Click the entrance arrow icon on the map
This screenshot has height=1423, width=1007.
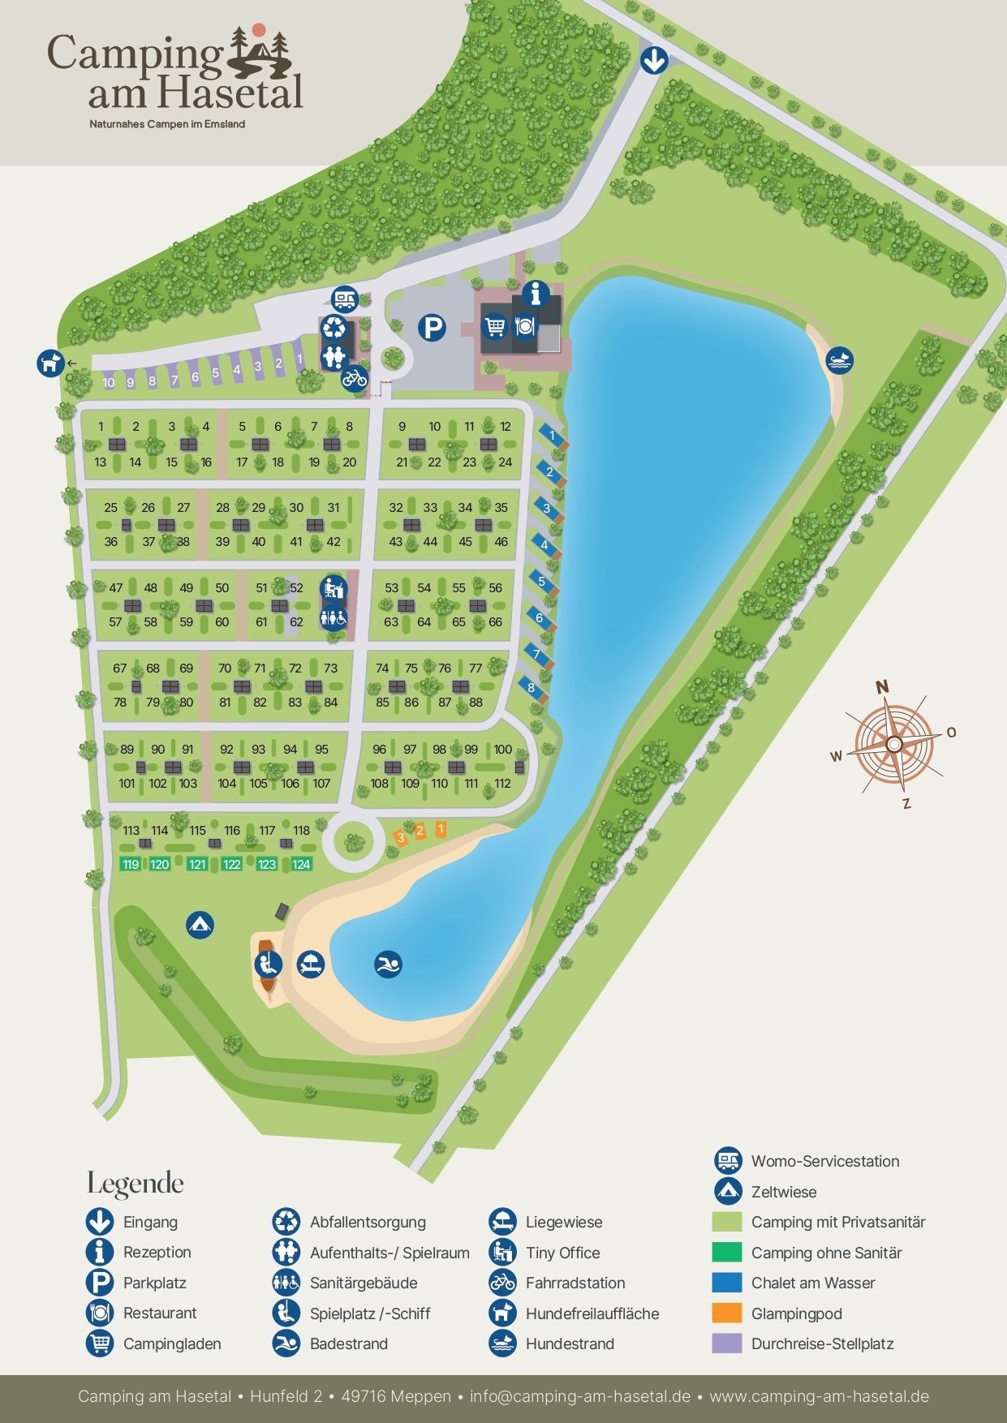[x=654, y=60]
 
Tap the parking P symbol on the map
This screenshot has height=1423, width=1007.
[x=432, y=328]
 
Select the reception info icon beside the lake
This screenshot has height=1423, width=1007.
[x=536, y=294]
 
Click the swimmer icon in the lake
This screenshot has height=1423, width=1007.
[x=388, y=965]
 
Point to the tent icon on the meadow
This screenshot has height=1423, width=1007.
[x=200, y=924]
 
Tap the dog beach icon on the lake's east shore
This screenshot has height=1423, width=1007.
[x=840, y=360]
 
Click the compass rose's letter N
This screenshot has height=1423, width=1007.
[x=882, y=687]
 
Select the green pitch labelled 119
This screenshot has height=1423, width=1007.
[x=131, y=865]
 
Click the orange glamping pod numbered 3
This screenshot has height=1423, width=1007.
[x=400, y=836]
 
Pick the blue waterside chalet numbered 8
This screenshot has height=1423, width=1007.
[x=531, y=688]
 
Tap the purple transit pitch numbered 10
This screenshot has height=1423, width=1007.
[x=109, y=382]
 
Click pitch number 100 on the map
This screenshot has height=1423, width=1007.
[x=503, y=750]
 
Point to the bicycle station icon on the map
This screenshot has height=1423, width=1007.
[x=355, y=377]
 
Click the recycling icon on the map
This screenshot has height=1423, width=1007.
[x=334, y=328]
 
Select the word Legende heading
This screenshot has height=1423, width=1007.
[x=136, y=1184]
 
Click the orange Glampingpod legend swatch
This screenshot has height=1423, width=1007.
[x=726, y=1313]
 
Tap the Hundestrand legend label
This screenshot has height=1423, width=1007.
[x=570, y=1343]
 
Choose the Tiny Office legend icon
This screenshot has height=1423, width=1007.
[x=502, y=1253]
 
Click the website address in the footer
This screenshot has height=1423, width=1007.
[x=819, y=1396]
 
